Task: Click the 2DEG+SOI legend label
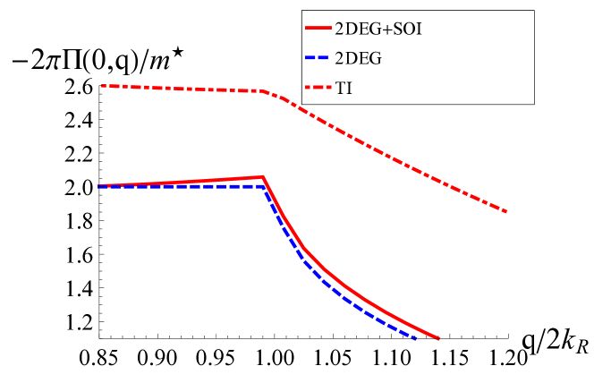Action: pos(378,29)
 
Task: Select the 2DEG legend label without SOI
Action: pos(358,58)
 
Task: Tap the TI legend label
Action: pos(344,88)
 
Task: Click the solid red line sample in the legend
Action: pos(317,29)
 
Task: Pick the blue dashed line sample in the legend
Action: pos(317,58)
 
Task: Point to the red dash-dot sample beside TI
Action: pos(317,88)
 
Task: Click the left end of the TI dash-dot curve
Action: pos(102,86)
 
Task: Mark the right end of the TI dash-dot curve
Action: pos(507,212)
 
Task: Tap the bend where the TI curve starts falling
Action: pos(263,91)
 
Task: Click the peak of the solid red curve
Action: pos(263,177)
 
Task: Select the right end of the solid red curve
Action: pos(438,339)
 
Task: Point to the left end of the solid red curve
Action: pos(98,186)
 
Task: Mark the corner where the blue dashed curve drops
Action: pos(265,188)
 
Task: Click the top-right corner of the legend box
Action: pos(535,10)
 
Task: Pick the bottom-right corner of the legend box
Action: pos(535,104)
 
